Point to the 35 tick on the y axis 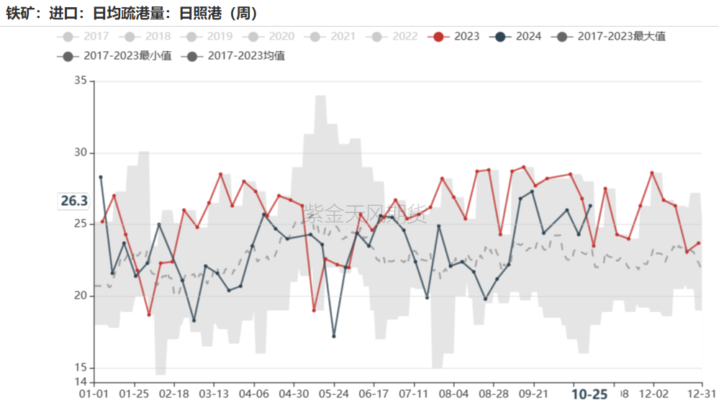pyautogui.click(x=80, y=82)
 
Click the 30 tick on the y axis pyautogui.click(x=80, y=153)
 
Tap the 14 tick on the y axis pyautogui.click(x=80, y=381)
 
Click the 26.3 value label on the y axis pyautogui.click(x=73, y=201)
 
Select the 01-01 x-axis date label pyautogui.click(x=94, y=394)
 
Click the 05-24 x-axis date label pyautogui.click(x=333, y=394)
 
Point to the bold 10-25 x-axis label pyautogui.click(x=589, y=394)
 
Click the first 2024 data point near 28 pyautogui.click(x=101, y=177)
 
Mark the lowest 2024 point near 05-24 pyautogui.click(x=334, y=336)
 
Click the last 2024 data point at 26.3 pyautogui.click(x=590, y=206)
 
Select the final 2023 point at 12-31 pyautogui.click(x=698, y=243)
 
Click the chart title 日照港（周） pyautogui.click(x=217, y=14)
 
